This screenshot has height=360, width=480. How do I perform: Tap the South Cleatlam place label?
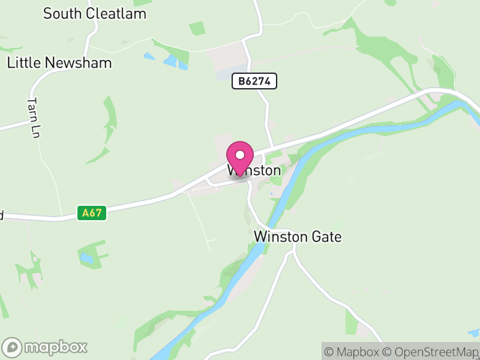[x=95, y=13]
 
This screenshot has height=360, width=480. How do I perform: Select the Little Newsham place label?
[x=59, y=62]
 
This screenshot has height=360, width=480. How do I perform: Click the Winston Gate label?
[x=298, y=236]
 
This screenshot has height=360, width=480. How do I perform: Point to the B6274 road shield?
[x=254, y=82]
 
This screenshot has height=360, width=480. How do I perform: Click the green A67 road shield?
[x=92, y=212]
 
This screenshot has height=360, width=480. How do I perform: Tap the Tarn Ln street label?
[x=34, y=118]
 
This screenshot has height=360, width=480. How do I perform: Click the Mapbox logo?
[x=46, y=347]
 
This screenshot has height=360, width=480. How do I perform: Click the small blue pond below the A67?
[x=87, y=259]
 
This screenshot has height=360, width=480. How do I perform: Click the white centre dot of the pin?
[x=241, y=154]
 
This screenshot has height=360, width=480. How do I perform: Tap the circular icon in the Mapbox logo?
[x=13, y=347]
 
